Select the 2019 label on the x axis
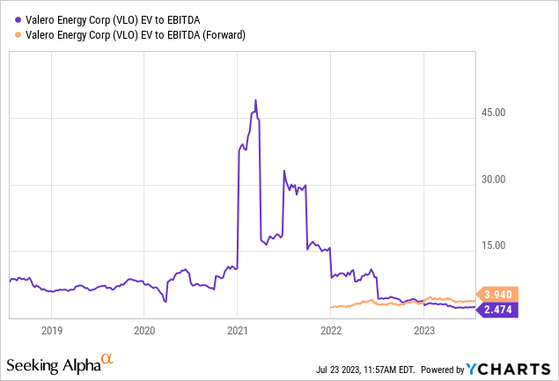[51, 331]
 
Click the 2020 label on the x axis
[144, 331]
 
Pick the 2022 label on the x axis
[331, 331]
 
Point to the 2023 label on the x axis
[424, 331]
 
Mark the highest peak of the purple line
[255, 100]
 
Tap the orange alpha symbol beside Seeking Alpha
[107, 359]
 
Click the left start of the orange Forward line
[330, 307]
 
